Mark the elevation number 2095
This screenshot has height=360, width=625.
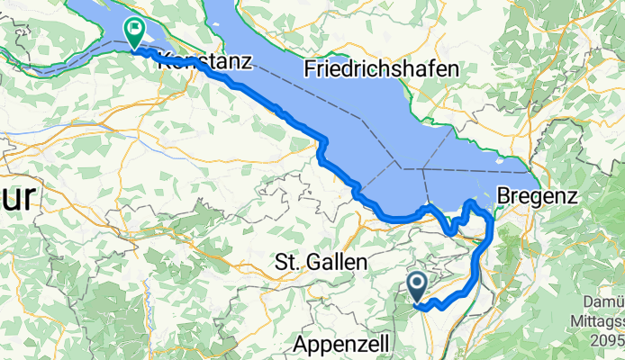click(x=609, y=339)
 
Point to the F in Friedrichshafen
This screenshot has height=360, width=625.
click(x=311, y=67)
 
